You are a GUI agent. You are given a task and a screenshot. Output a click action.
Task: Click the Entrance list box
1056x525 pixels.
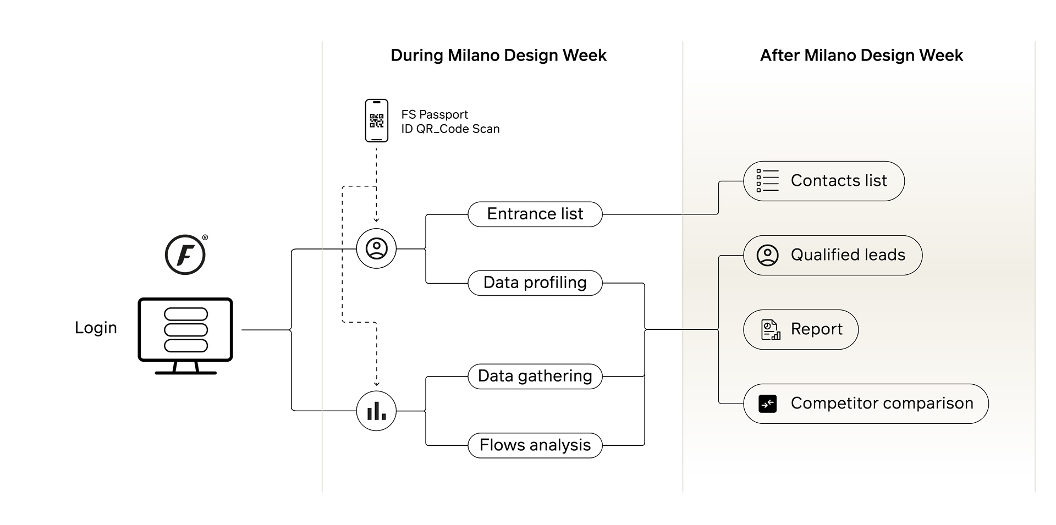coord(535,214)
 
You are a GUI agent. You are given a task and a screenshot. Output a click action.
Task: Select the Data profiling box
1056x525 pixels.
coord(535,283)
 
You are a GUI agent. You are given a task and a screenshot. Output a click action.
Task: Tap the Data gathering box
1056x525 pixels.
coord(535,376)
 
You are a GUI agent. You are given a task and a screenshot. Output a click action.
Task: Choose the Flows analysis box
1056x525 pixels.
coord(535,445)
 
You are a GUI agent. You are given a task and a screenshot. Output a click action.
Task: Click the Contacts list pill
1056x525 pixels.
coord(824,181)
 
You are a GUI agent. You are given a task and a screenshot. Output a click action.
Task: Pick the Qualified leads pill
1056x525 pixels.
coord(833,255)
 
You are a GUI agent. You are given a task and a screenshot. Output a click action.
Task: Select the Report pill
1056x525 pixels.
coord(801,329)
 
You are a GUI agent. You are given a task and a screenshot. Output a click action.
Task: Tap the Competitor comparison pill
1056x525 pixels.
coord(866,404)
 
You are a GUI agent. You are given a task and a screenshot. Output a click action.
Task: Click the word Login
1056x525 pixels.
coord(96,328)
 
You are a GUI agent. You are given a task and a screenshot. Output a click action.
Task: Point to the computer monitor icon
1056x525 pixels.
coord(185,336)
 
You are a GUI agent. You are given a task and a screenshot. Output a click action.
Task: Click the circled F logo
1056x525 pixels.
coord(185,255)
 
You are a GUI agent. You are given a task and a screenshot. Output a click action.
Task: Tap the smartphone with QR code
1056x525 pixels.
coord(377,120)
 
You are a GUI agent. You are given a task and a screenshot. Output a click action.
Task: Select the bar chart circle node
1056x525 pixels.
coord(376,411)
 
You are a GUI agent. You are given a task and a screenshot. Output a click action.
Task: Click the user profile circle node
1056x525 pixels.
coord(376,248)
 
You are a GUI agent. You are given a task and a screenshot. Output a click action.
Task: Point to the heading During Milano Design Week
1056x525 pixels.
coord(498,56)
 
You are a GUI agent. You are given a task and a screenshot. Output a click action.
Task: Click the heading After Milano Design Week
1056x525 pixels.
coord(861,56)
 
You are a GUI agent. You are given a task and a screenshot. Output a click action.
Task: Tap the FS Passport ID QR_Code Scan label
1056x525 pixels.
coord(450,121)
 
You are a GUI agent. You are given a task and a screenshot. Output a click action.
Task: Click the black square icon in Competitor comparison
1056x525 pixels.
coord(768,404)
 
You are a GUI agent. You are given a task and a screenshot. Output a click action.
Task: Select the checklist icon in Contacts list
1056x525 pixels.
coord(768,180)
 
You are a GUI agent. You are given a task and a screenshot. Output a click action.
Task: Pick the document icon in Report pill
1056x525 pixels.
coord(771,330)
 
